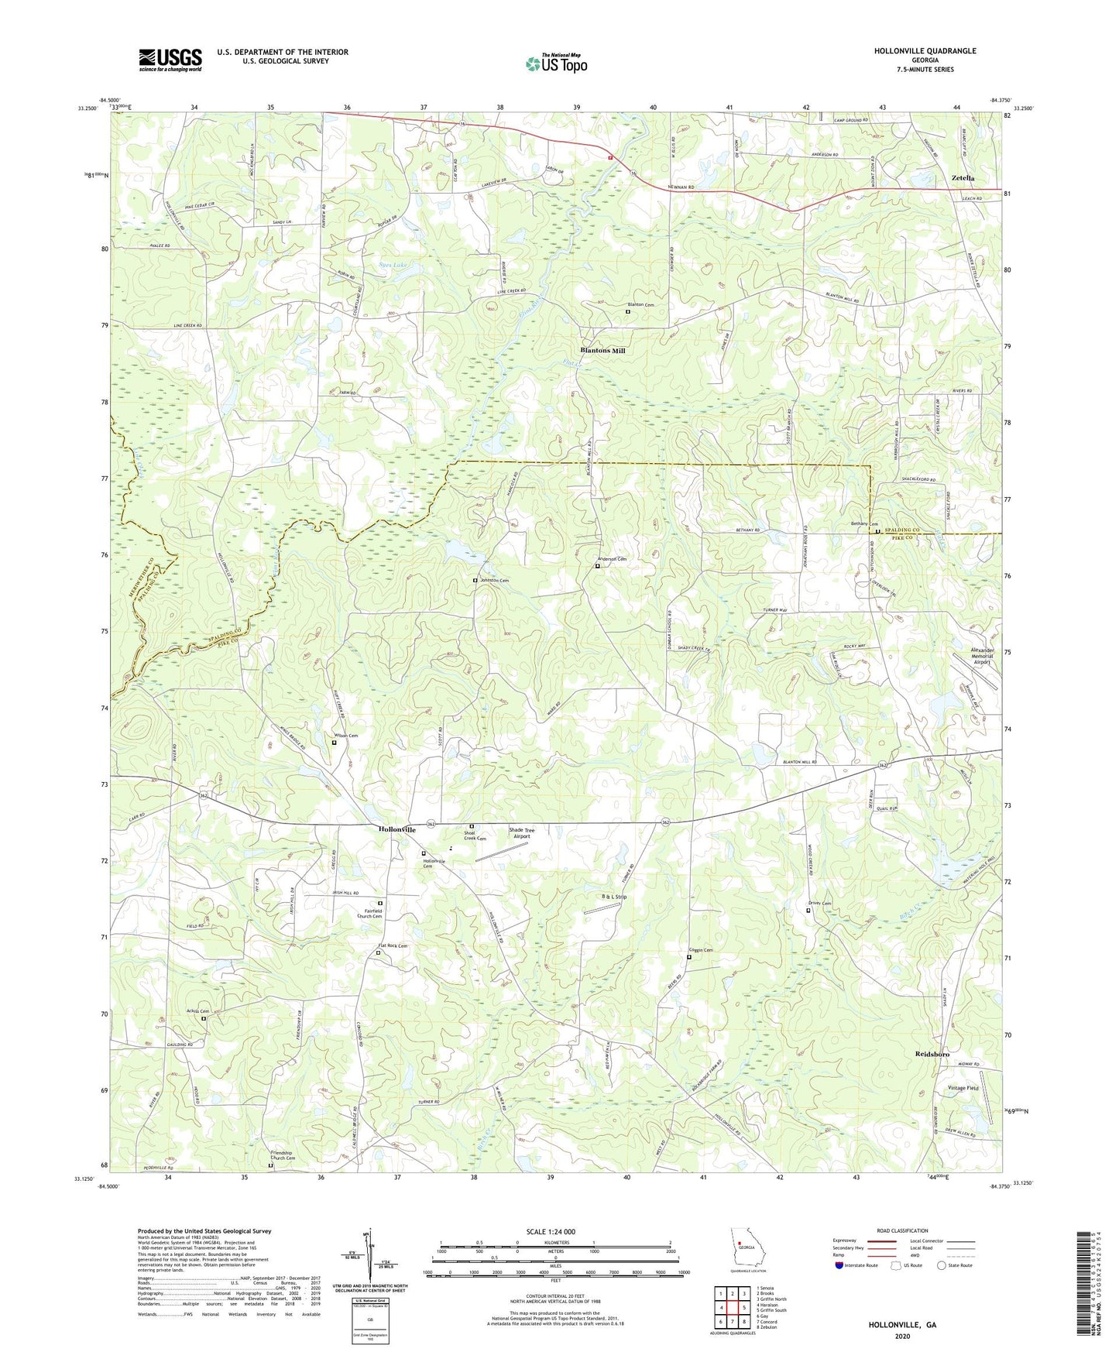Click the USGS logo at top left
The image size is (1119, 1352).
(x=170, y=59)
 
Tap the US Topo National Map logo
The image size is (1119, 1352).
(x=555, y=63)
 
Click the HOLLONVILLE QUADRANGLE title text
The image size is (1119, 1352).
(x=925, y=51)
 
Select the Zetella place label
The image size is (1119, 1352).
(x=963, y=178)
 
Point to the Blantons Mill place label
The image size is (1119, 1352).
(x=602, y=351)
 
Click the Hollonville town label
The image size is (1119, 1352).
(x=396, y=829)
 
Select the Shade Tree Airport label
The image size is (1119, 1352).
(x=521, y=833)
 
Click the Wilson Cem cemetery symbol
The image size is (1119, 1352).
(x=335, y=743)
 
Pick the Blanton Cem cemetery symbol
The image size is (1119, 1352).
(x=627, y=312)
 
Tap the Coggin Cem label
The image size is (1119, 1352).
(x=697, y=950)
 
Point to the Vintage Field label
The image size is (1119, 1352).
(x=963, y=1088)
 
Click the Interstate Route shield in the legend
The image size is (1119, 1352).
(x=839, y=1265)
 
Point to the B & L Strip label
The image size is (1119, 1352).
(x=614, y=896)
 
